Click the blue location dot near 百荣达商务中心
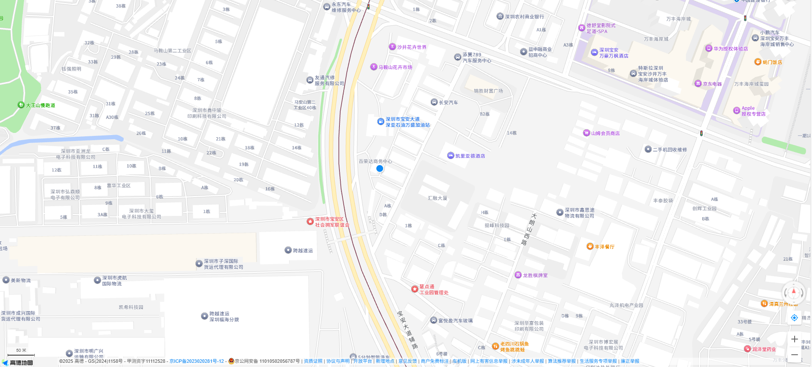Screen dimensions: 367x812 click(x=380, y=168)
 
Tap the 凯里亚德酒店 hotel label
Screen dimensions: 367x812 click(x=470, y=156)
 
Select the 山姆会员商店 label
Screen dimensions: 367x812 click(x=605, y=133)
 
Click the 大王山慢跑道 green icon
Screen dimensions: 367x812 click(x=21, y=105)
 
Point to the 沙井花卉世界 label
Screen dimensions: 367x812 click(x=412, y=47)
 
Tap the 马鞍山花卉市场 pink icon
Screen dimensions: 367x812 click(x=374, y=66)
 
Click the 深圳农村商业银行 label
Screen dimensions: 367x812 click(x=524, y=17)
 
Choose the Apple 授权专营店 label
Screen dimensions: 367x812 click(x=753, y=111)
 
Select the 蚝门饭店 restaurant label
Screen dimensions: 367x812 click(x=772, y=62)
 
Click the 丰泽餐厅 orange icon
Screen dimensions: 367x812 click(x=590, y=246)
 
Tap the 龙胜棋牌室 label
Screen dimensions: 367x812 click(x=535, y=275)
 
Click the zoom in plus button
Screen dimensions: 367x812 click(x=794, y=339)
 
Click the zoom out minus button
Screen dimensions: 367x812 click(x=794, y=355)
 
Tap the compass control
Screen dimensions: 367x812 click(x=793, y=292)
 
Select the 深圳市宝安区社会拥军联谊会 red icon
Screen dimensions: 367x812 click(x=310, y=221)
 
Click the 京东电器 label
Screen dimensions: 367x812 click(x=712, y=84)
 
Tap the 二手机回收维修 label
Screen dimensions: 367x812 click(x=670, y=149)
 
